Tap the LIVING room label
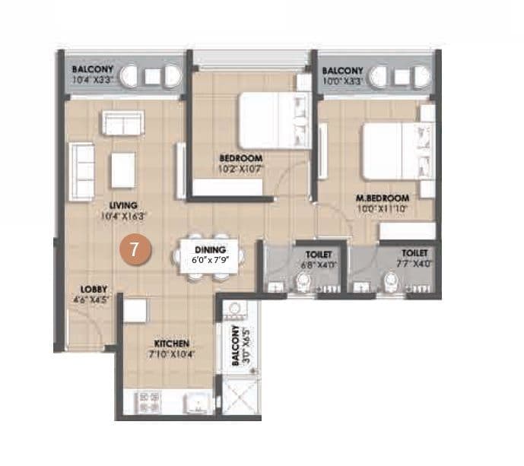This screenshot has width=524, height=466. click(x=122, y=205)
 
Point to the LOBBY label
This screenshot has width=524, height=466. click(x=95, y=290)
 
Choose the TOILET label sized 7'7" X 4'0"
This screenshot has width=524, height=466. click(x=415, y=253)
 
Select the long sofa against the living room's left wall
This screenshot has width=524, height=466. click(x=81, y=171)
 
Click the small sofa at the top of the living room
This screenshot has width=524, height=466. click(x=123, y=123)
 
